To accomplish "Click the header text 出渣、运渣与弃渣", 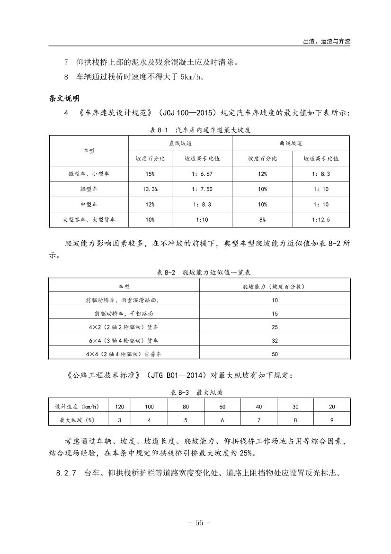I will click(326, 41).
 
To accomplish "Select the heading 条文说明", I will click(64, 98).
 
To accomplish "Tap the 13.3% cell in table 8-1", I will click(150, 189).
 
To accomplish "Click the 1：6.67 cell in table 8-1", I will click(202, 174).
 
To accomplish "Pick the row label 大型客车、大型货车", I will click(89, 220).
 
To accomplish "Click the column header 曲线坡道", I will click(291, 143).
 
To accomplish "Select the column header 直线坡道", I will click(180, 143).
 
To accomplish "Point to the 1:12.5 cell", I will click(321, 220).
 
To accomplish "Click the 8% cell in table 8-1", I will click(262, 220).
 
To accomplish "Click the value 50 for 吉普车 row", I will click(275, 354).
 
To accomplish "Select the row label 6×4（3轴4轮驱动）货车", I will click(124, 340).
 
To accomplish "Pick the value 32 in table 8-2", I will click(275, 340).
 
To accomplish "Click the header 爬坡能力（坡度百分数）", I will click(275, 287).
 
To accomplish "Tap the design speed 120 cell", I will click(120, 407).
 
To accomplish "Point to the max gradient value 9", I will click(332, 420).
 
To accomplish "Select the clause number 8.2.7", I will click(66, 473).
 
